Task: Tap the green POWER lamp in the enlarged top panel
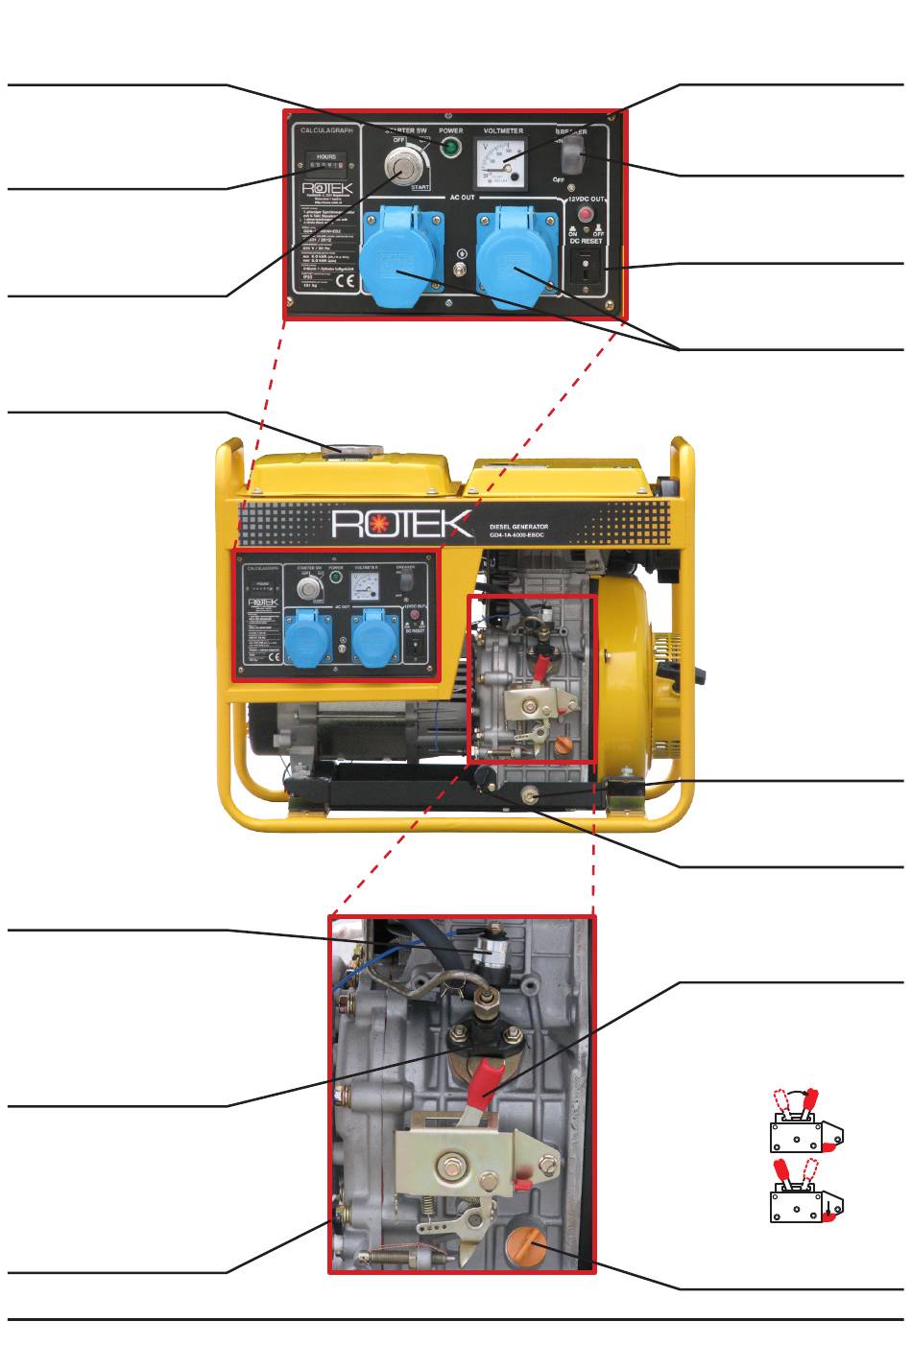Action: pos(450,148)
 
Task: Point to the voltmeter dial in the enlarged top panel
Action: pos(502,157)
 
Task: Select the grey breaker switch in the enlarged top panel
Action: pos(572,153)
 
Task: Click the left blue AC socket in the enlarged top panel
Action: pos(401,249)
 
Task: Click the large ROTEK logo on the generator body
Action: pos(402,525)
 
